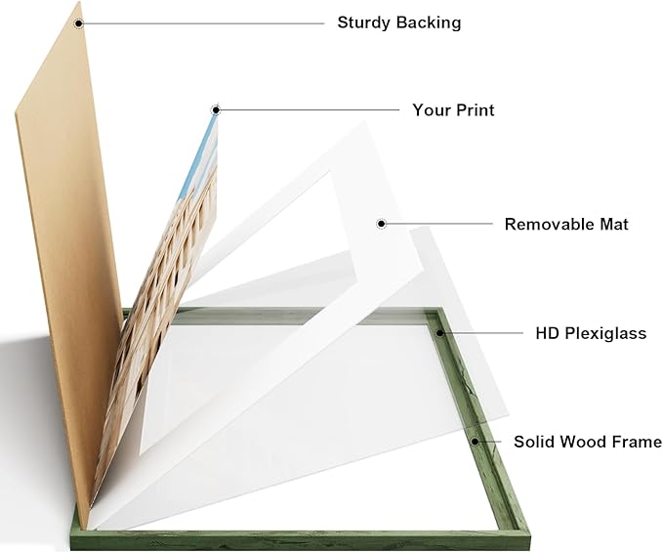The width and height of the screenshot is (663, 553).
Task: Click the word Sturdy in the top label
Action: point(364,22)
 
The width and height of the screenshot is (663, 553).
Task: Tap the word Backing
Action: point(429,22)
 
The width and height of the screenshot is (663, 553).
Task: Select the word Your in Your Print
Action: point(430,110)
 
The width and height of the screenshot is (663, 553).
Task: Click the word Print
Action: point(474,110)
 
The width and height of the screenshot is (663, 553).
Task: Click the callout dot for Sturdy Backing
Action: point(79,23)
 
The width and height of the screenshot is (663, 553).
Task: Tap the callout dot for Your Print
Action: point(216,110)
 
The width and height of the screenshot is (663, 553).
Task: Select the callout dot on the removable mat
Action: point(382,224)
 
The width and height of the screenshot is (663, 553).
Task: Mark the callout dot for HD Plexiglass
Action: point(440,333)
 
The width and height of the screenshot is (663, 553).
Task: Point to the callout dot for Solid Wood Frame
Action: point(476,442)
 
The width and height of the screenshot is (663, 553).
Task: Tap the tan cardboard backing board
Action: point(63,254)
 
